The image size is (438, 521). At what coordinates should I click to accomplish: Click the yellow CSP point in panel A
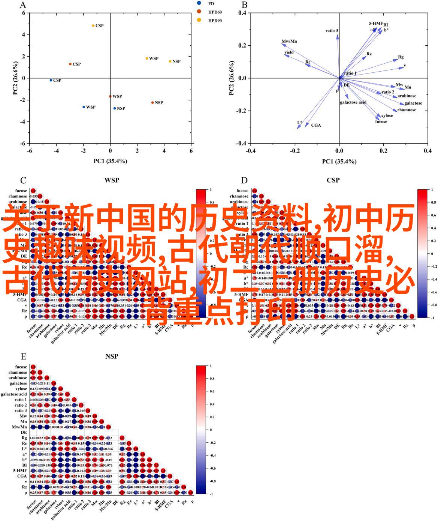pos(93,25)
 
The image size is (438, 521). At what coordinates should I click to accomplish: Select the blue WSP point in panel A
pos(84,107)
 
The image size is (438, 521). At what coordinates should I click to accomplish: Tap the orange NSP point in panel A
pos(152,103)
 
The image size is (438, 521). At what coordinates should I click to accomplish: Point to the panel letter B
pos(245,5)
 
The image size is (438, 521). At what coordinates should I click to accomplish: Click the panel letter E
pos(24,356)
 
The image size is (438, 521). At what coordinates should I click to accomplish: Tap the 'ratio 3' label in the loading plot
pos(332,31)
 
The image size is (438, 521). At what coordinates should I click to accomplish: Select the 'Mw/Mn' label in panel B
pos(289,41)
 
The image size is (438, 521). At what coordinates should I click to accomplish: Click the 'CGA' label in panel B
pos(316,125)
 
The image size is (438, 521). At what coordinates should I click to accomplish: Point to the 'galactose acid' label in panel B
pos(353,102)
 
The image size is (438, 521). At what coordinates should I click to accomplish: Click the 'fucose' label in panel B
pos(381,121)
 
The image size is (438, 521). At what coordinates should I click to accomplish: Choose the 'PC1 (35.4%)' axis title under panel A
pos(110,161)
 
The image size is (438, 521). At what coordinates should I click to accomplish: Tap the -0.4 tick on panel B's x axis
pos(251,151)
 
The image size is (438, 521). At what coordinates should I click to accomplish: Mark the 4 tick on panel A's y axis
pos(23,34)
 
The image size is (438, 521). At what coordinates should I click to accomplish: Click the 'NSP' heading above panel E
pos(112,356)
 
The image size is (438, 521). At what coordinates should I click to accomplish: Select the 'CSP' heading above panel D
pos(333,180)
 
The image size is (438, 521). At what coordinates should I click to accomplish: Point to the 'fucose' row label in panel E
pos(21,367)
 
